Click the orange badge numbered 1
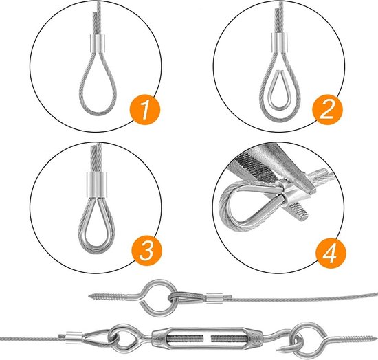pos(145,110)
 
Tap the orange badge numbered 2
pos(327,110)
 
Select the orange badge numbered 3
pos(147,251)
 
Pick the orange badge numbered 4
pos(331,253)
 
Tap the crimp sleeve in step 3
pos(96,185)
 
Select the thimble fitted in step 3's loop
pos(96,222)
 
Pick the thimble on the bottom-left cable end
pos(96,335)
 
